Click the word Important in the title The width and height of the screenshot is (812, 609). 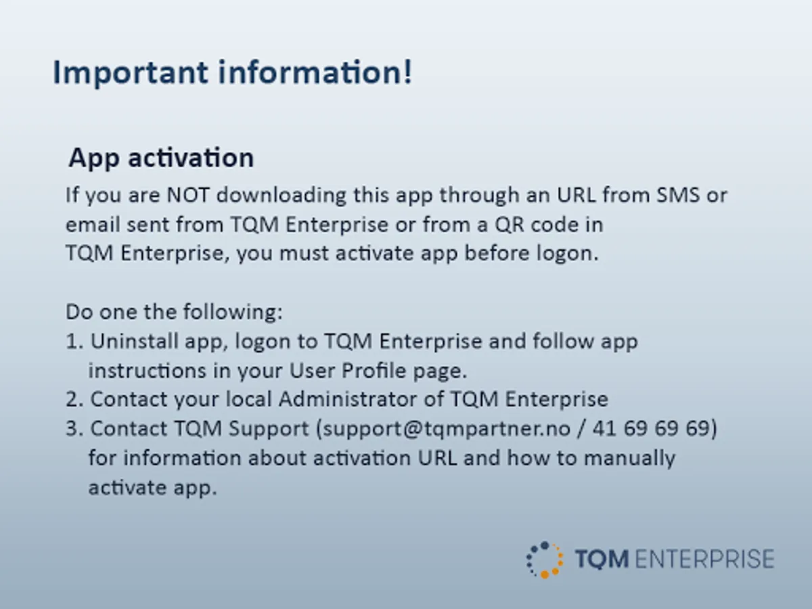[x=131, y=73]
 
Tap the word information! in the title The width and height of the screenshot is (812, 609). [x=315, y=72]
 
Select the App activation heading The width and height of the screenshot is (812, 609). [x=161, y=158]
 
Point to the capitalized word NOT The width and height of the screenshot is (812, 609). [x=188, y=195]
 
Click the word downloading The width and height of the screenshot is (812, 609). [x=281, y=195]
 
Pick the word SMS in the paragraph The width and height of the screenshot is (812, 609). [x=678, y=195]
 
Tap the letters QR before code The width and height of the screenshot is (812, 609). [x=510, y=225]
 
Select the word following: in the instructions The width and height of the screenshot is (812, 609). [x=233, y=312]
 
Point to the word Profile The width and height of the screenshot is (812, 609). [x=374, y=370]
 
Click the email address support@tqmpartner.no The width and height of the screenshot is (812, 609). [x=447, y=429]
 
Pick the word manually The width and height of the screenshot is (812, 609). [x=629, y=459]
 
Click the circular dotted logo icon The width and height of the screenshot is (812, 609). [x=545, y=560]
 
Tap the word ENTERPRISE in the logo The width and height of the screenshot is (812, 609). [x=704, y=559]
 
